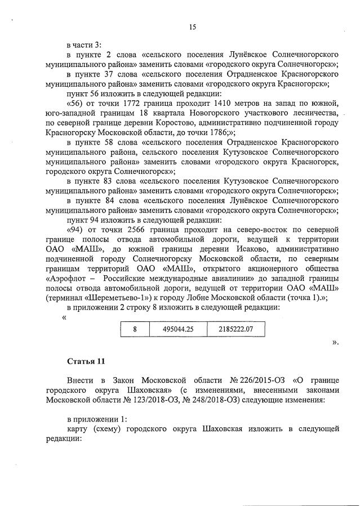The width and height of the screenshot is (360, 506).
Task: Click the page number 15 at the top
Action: click(x=192, y=27)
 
